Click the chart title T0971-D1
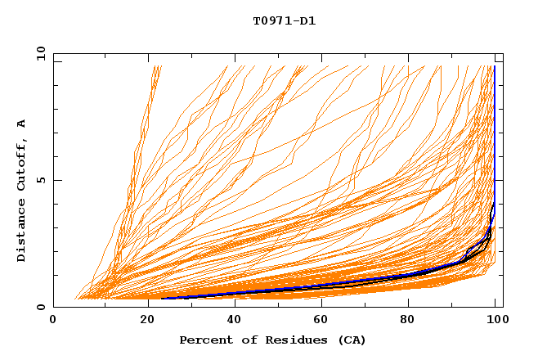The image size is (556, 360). pyautogui.click(x=284, y=20)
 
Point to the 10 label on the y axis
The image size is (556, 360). pyautogui.click(x=40, y=53)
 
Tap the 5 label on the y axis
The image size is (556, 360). pyautogui.click(x=43, y=180)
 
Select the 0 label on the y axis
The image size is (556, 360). pyautogui.click(x=43, y=307)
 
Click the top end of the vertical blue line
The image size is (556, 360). pyautogui.click(x=494, y=66)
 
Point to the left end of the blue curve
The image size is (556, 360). pyautogui.click(x=160, y=298)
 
